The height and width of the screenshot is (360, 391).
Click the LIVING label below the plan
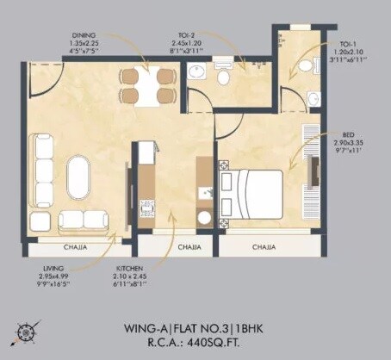(x=53, y=269)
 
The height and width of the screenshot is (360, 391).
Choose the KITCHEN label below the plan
(x=130, y=269)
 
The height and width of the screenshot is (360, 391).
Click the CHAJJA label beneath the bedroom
(x=264, y=246)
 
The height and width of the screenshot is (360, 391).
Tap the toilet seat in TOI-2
(x=223, y=78)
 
